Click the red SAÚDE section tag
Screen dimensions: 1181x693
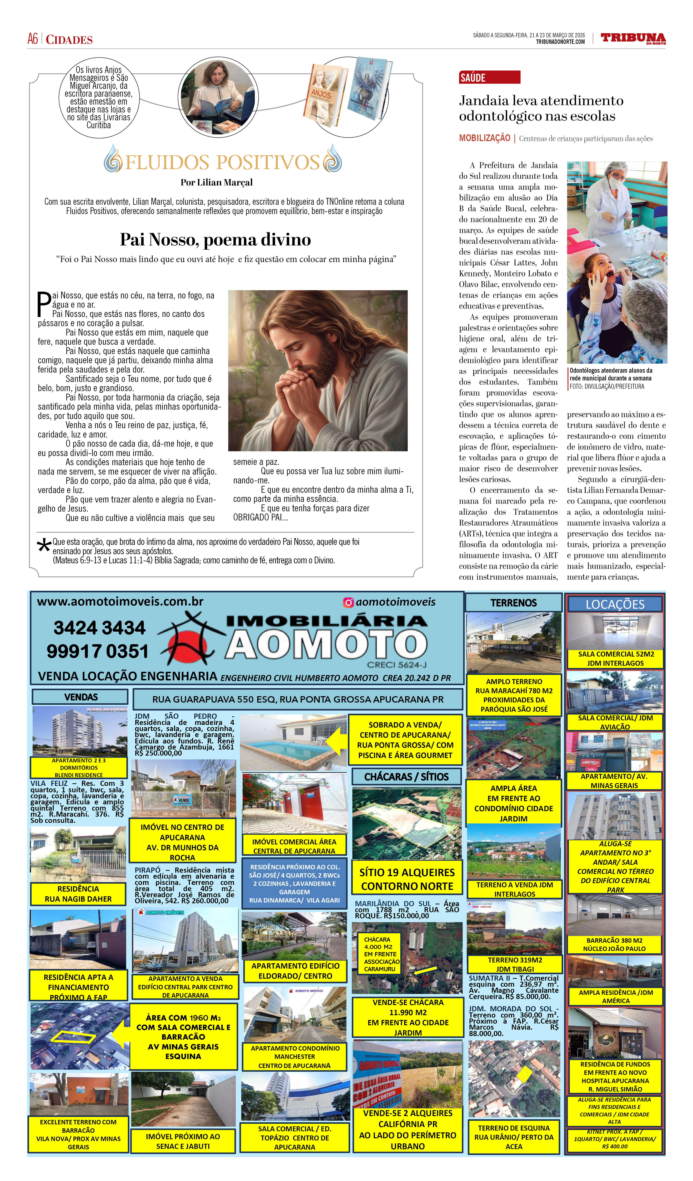(489, 77)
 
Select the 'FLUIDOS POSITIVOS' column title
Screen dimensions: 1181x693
(222, 162)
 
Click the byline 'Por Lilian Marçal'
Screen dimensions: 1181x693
(216, 182)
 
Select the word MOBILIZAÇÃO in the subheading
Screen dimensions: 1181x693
(484, 138)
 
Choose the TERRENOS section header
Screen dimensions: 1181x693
(514, 603)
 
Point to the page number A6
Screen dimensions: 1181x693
(33, 39)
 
